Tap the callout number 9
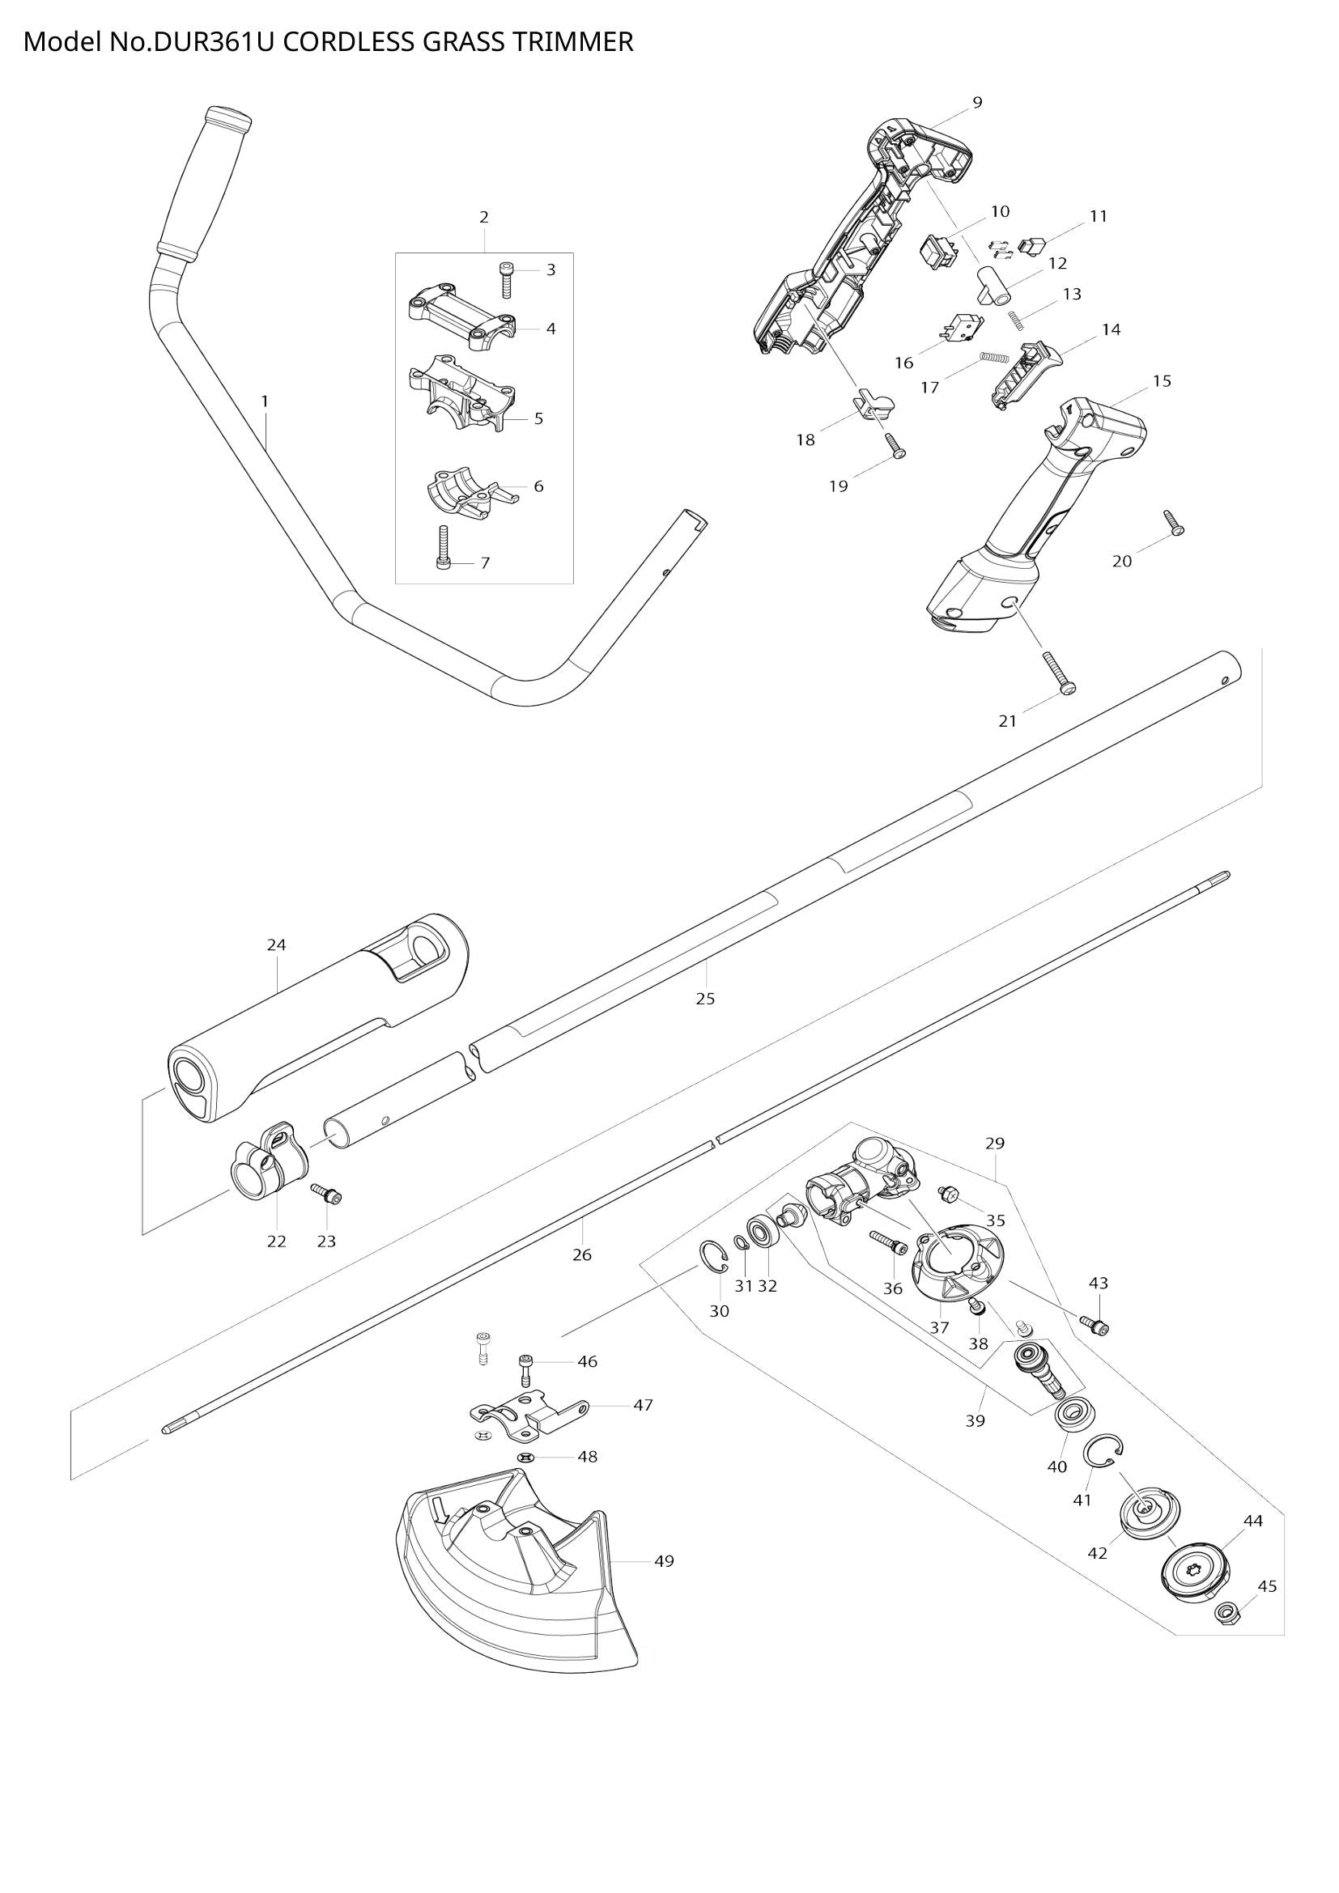click(977, 102)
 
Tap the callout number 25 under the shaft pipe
click(705, 999)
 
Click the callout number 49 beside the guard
click(664, 1560)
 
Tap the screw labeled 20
click(1173, 523)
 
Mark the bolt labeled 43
click(1098, 1325)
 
